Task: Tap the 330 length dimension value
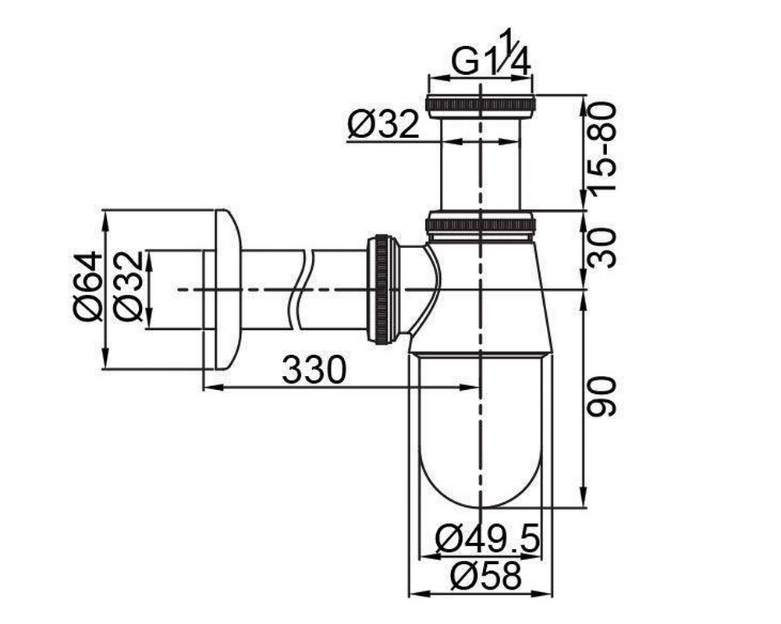click(314, 370)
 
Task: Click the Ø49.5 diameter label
click(488, 539)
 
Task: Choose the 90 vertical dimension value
click(602, 396)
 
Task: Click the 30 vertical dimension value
click(602, 247)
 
